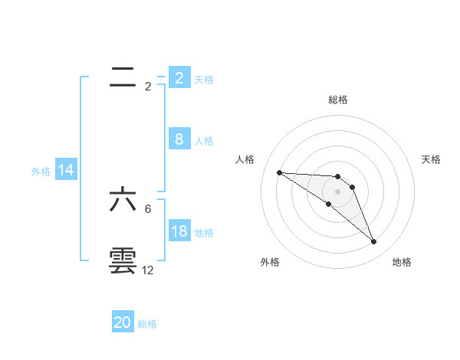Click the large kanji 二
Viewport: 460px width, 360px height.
(x=123, y=77)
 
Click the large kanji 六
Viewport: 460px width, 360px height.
(x=123, y=200)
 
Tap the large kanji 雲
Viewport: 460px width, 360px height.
(x=123, y=261)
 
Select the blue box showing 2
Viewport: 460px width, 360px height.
(x=179, y=78)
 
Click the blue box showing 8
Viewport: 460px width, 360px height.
(x=179, y=139)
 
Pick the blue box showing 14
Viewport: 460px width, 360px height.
(x=66, y=170)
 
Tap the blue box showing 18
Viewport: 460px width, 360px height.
(x=179, y=231)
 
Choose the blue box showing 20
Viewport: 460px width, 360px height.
(x=123, y=322)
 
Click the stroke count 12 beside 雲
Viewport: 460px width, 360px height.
(x=147, y=270)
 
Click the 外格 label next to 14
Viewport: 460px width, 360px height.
(x=41, y=172)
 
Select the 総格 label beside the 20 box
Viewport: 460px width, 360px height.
(x=147, y=324)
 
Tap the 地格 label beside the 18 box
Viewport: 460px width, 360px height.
(x=204, y=233)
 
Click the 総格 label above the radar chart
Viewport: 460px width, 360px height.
(x=338, y=100)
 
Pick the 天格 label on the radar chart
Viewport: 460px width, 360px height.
(x=431, y=159)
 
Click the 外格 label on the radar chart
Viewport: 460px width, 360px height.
(x=270, y=262)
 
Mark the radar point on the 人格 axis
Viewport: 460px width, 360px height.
(x=279, y=172)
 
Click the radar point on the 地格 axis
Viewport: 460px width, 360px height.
(x=374, y=242)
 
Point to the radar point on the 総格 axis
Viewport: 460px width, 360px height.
(x=338, y=177)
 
